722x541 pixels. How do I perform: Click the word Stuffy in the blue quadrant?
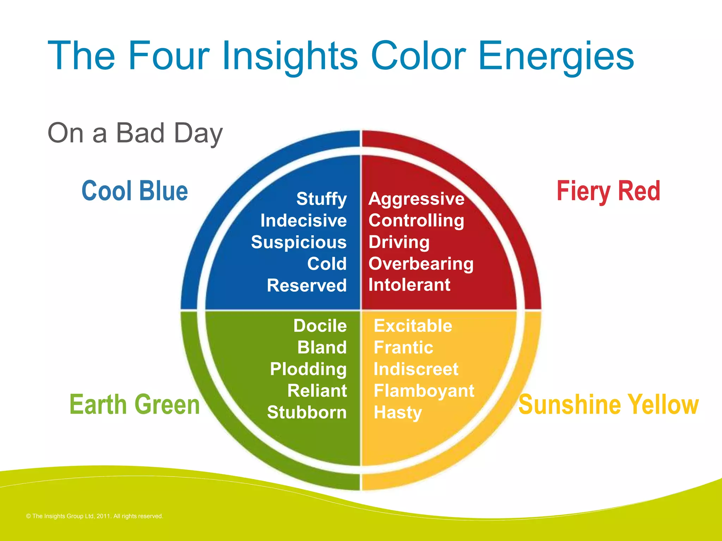pos(321,199)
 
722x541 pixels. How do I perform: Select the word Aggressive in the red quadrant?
pos(416,199)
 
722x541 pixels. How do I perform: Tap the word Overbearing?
pos(421,264)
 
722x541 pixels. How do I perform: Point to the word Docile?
pos(320,326)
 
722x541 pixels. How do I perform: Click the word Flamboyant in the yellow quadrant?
pos(424,391)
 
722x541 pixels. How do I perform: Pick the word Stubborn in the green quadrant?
pos(307,412)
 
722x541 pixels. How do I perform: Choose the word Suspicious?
pos(299,242)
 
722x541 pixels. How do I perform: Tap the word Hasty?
pos(398,412)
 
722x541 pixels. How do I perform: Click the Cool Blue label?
pos(135,191)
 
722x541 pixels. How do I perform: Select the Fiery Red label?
pos(608,191)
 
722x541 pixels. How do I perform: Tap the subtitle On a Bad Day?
pos(135,133)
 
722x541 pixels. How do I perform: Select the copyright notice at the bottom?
pos(94,516)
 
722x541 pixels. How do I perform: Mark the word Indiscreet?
pos(416,369)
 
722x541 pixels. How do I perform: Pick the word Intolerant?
pos(409,285)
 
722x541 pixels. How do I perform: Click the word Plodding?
pos(308,369)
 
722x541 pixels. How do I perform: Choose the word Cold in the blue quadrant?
pos(326,264)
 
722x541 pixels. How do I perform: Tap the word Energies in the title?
pos(556,56)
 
